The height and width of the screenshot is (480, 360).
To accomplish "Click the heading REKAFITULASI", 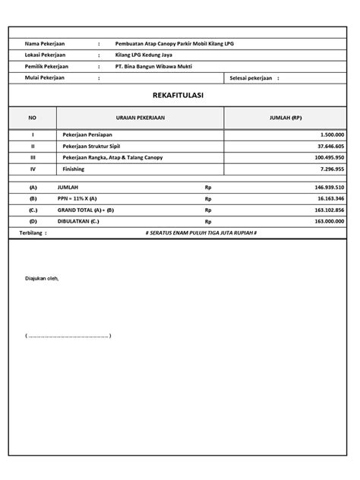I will coord(181,96).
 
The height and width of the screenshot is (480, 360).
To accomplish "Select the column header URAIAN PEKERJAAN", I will coord(141,118).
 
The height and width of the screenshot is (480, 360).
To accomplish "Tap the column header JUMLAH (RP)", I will coord(285,118).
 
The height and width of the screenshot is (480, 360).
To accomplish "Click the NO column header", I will coord(32,118).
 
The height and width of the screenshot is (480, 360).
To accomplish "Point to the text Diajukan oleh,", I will coord(42,279).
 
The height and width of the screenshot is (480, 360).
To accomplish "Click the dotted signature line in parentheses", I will coord(68,335).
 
